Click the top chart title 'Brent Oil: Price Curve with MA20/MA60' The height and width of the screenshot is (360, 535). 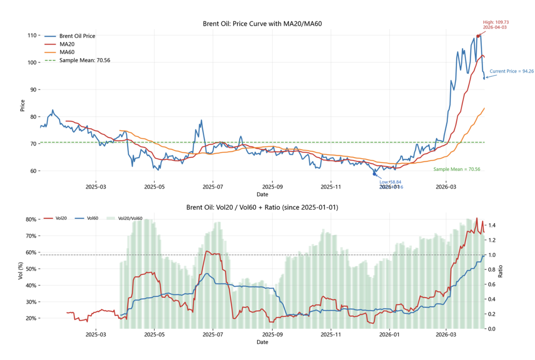[262, 24]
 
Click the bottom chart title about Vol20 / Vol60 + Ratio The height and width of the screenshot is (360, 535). [262, 207]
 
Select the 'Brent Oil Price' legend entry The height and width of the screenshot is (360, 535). [77, 36]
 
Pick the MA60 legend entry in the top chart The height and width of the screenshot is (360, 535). [67, 52]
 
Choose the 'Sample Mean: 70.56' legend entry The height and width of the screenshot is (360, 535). [85, 60]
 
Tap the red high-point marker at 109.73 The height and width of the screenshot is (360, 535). [478, 36]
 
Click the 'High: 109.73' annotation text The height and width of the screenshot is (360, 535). [496, 22]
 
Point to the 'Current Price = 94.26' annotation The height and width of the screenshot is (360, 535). [511, 71]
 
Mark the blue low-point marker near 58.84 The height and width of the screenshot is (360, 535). [374, 174]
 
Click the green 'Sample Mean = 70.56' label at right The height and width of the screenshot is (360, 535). [457, 169]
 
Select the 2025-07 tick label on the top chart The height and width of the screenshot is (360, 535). [213, 187]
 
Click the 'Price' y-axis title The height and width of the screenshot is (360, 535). [23, 105]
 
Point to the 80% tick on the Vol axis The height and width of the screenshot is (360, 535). [31, 219]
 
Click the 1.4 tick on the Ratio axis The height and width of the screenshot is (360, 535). [492, 225]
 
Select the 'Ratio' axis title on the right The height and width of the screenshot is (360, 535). [500, 271]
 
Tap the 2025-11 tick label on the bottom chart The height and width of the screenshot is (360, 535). [331, 334]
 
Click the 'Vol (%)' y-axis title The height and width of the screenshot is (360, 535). [21, 271]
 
